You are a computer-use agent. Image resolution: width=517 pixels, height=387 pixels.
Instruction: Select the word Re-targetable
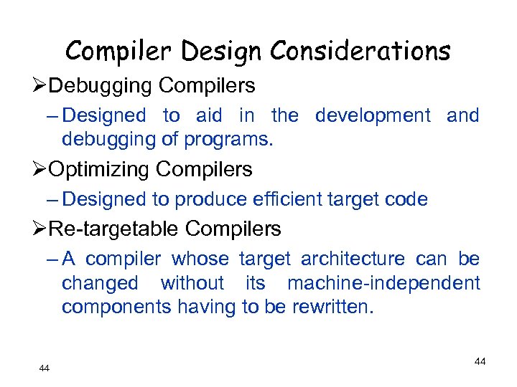pos(117,229)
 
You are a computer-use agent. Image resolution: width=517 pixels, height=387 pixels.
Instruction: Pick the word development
pos(373,115)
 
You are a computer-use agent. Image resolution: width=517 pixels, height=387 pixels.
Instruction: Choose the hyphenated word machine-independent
pos(384,283)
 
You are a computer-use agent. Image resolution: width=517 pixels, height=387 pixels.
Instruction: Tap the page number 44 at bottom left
pos(45,368)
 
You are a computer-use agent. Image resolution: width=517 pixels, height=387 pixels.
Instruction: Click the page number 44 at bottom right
pos(480,362)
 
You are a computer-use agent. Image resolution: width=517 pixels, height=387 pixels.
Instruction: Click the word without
pos(192,283)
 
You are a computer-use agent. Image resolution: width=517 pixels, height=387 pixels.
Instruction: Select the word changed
pos(100,283)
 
